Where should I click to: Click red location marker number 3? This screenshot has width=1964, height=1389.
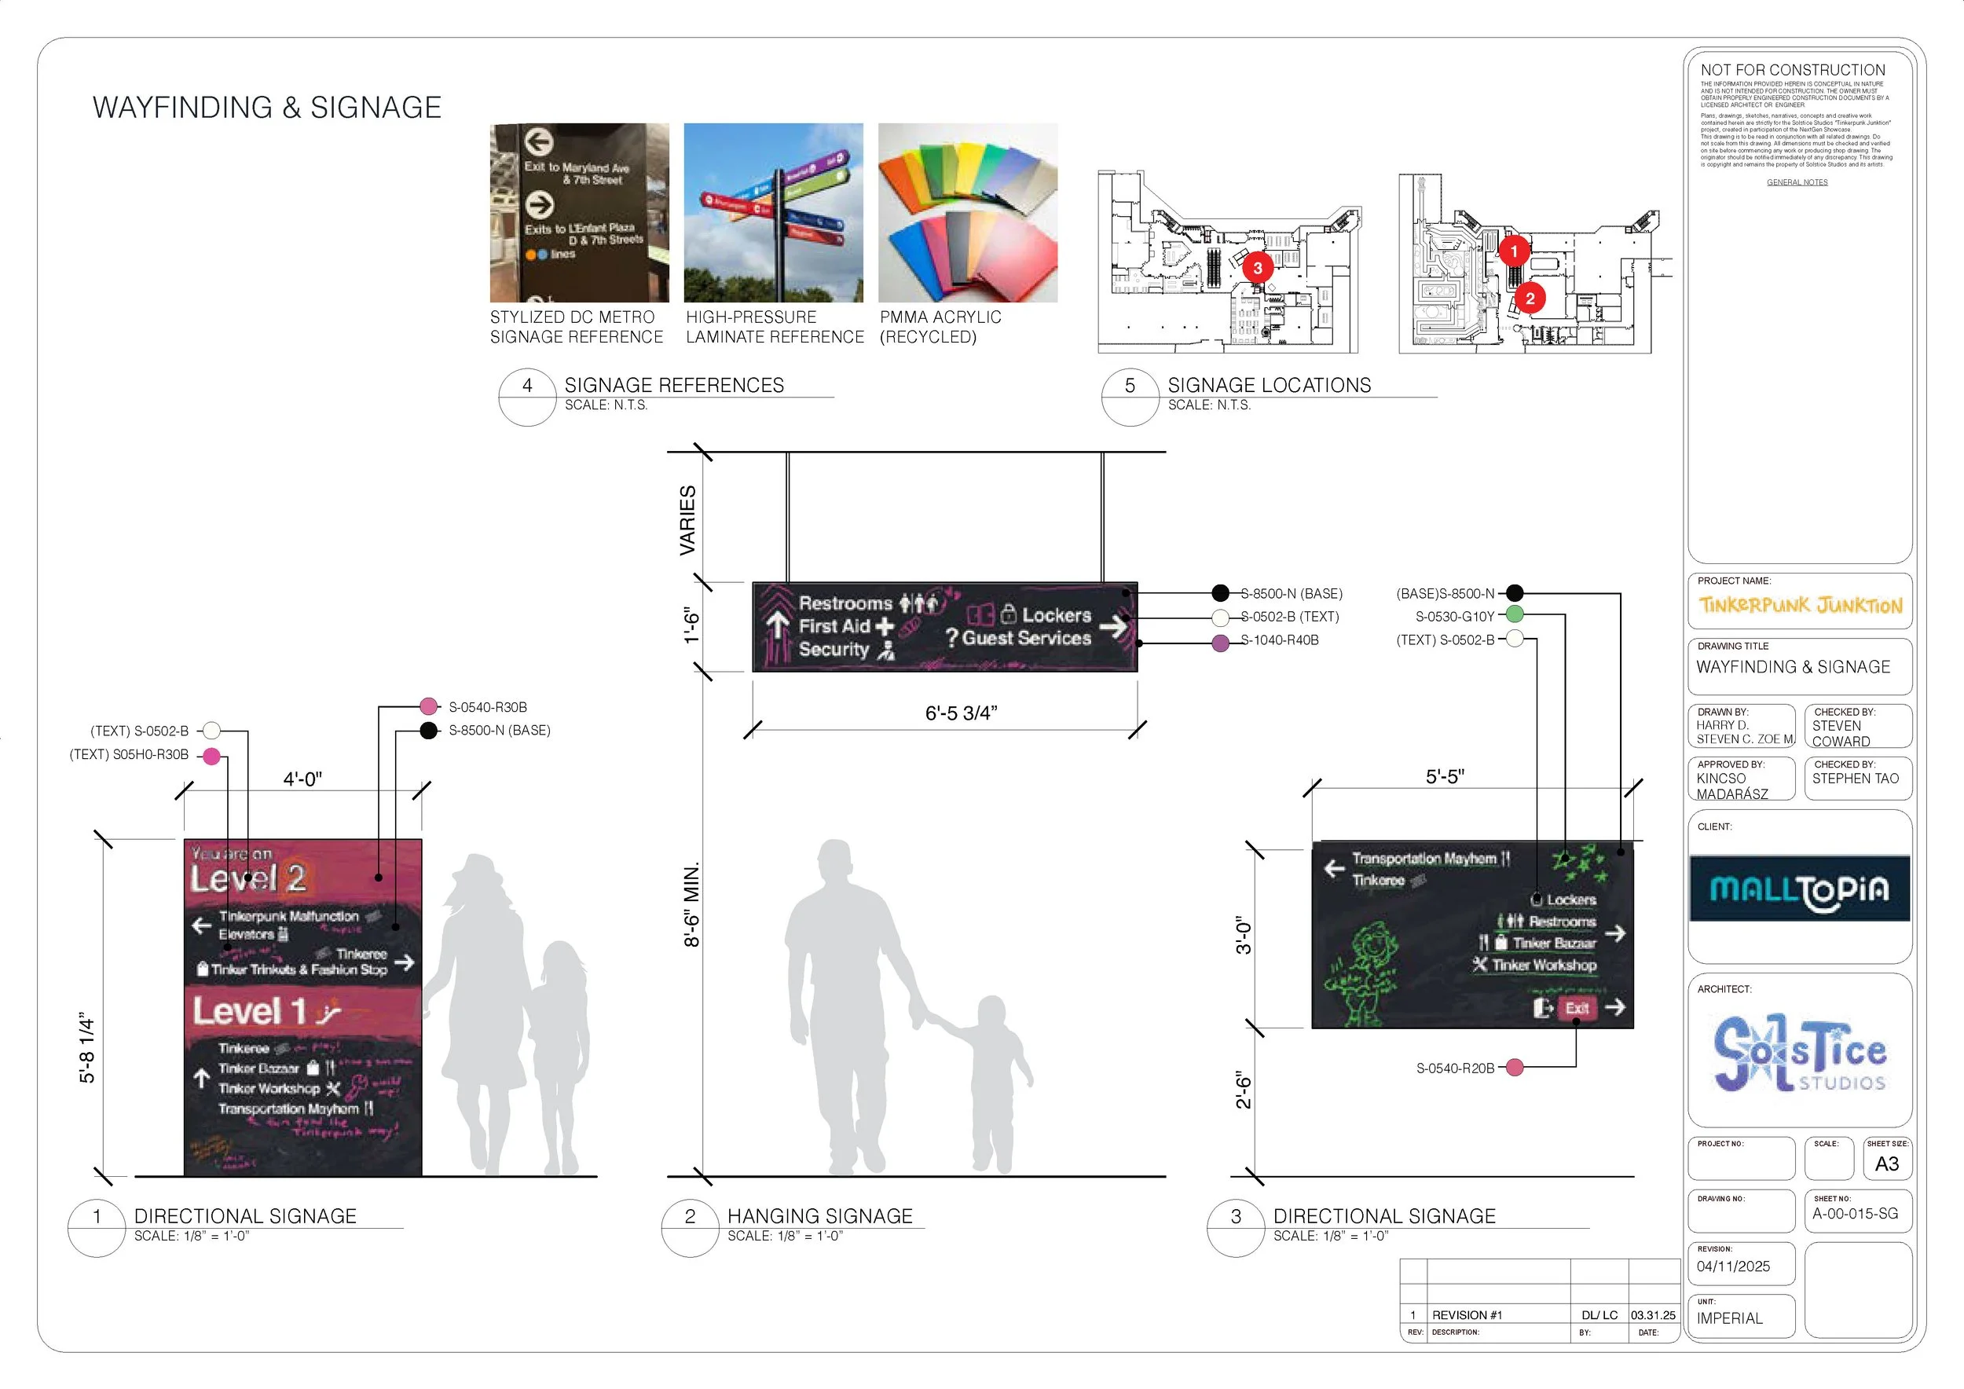point(1257,268)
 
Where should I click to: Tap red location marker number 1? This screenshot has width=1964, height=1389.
point(1513,251)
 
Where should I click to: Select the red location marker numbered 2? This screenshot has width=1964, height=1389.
point(1530,298)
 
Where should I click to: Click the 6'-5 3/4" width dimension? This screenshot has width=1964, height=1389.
point(961,713)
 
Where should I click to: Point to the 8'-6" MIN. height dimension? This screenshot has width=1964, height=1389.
point(691,904)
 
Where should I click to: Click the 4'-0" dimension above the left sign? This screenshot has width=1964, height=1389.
point(302,779)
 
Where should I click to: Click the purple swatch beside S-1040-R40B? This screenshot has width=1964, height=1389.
point(1221,643)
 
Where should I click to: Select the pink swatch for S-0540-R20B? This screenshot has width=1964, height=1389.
point(1514,1068)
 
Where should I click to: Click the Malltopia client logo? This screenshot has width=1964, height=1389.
point(1799,889)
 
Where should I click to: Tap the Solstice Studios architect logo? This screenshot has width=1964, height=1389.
point(1799,1053)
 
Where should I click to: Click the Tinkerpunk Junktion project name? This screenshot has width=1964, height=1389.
point(1800,606)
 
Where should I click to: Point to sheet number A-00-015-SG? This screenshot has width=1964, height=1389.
point(1855,1214)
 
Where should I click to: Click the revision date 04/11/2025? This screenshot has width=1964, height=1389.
point(1733,1266)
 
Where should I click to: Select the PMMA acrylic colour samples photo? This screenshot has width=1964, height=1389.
point(967,212)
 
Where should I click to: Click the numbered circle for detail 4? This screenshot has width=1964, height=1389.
point(527,386)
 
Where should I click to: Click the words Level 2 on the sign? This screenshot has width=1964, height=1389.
point(247,878)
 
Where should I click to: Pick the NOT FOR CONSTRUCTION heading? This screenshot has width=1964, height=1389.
point(1792,70)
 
